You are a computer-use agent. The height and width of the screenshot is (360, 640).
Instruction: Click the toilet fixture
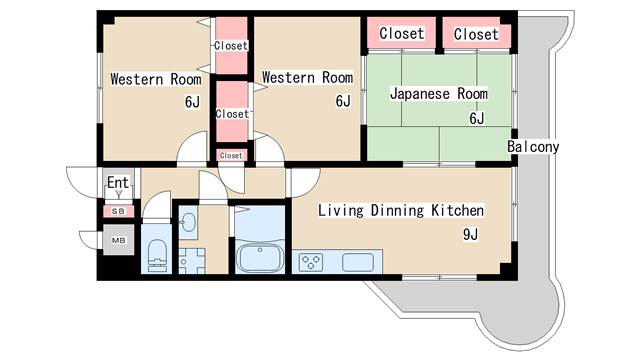[158, 253]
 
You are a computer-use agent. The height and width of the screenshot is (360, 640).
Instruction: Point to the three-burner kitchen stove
[312, 263]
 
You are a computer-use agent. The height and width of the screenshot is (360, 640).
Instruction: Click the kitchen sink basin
[357, 262]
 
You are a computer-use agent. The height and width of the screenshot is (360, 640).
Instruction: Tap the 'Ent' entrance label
[117, 183]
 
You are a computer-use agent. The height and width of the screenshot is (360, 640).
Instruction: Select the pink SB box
[118, 211]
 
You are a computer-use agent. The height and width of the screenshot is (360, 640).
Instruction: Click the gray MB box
[118, 241]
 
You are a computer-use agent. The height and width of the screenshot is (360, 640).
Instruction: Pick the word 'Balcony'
[533, 147]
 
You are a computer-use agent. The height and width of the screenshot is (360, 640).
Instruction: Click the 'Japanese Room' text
[438, 94]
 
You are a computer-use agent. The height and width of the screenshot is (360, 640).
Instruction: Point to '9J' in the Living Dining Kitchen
[470, 236]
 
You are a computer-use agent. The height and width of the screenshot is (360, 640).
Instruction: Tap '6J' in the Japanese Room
[477, 119]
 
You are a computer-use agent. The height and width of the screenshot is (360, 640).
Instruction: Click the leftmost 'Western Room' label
[156, 78]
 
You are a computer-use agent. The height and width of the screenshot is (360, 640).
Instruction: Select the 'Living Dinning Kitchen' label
[401, 211]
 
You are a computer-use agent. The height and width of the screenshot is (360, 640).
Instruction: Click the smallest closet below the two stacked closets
[231, 156]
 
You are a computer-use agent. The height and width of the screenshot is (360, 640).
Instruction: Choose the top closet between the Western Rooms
[231, 45]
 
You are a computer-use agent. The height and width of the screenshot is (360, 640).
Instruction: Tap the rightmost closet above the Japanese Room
[476, 34]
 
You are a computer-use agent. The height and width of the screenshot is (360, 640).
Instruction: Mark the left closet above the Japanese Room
[401, 34]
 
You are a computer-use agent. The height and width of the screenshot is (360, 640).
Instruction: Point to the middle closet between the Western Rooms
[231, 113]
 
